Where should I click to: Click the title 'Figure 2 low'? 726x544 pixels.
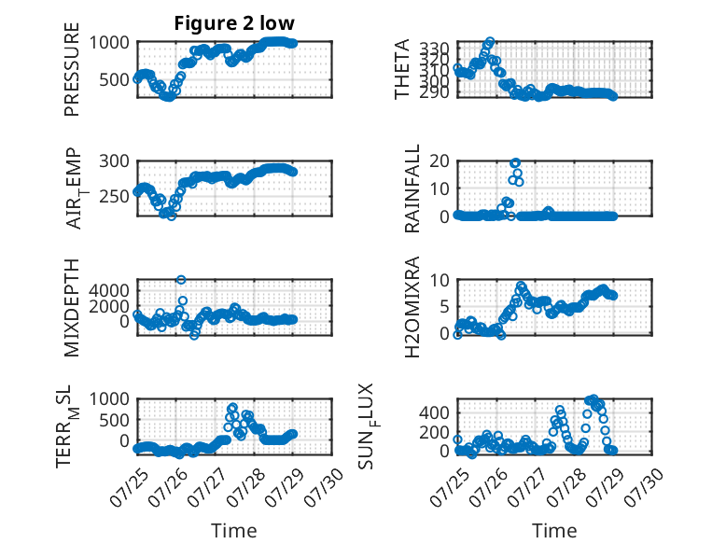coord(234,23)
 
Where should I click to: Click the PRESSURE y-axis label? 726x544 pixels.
coord(72,69)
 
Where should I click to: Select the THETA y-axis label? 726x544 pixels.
coord(402,69)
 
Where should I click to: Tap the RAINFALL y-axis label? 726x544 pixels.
coord(412,188)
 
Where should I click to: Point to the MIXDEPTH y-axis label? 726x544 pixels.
coord(72,308)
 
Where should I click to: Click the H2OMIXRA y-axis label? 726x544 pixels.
coord(412,307)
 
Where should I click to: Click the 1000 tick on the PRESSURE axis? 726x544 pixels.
coord(109,43)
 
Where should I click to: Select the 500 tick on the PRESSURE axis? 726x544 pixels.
coord(115,79)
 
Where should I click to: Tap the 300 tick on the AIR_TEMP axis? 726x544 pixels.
coord(115,161)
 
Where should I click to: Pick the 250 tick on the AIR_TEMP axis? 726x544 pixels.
coord(115,196)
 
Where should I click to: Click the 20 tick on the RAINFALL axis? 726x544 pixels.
coord(440,161)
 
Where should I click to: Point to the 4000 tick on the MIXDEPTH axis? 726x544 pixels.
coord(109,291)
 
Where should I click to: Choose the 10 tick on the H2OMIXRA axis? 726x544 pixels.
coord(440,280)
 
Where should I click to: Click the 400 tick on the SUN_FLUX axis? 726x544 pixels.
coord(435,412)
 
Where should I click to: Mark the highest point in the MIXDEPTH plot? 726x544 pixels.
coord(181,280)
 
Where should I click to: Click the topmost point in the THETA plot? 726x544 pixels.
coord(490,42)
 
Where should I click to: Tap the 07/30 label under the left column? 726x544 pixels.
coord(325,487)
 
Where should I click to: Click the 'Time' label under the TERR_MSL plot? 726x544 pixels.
coord(234,531)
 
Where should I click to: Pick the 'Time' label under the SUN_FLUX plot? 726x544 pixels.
coord(554,531)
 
